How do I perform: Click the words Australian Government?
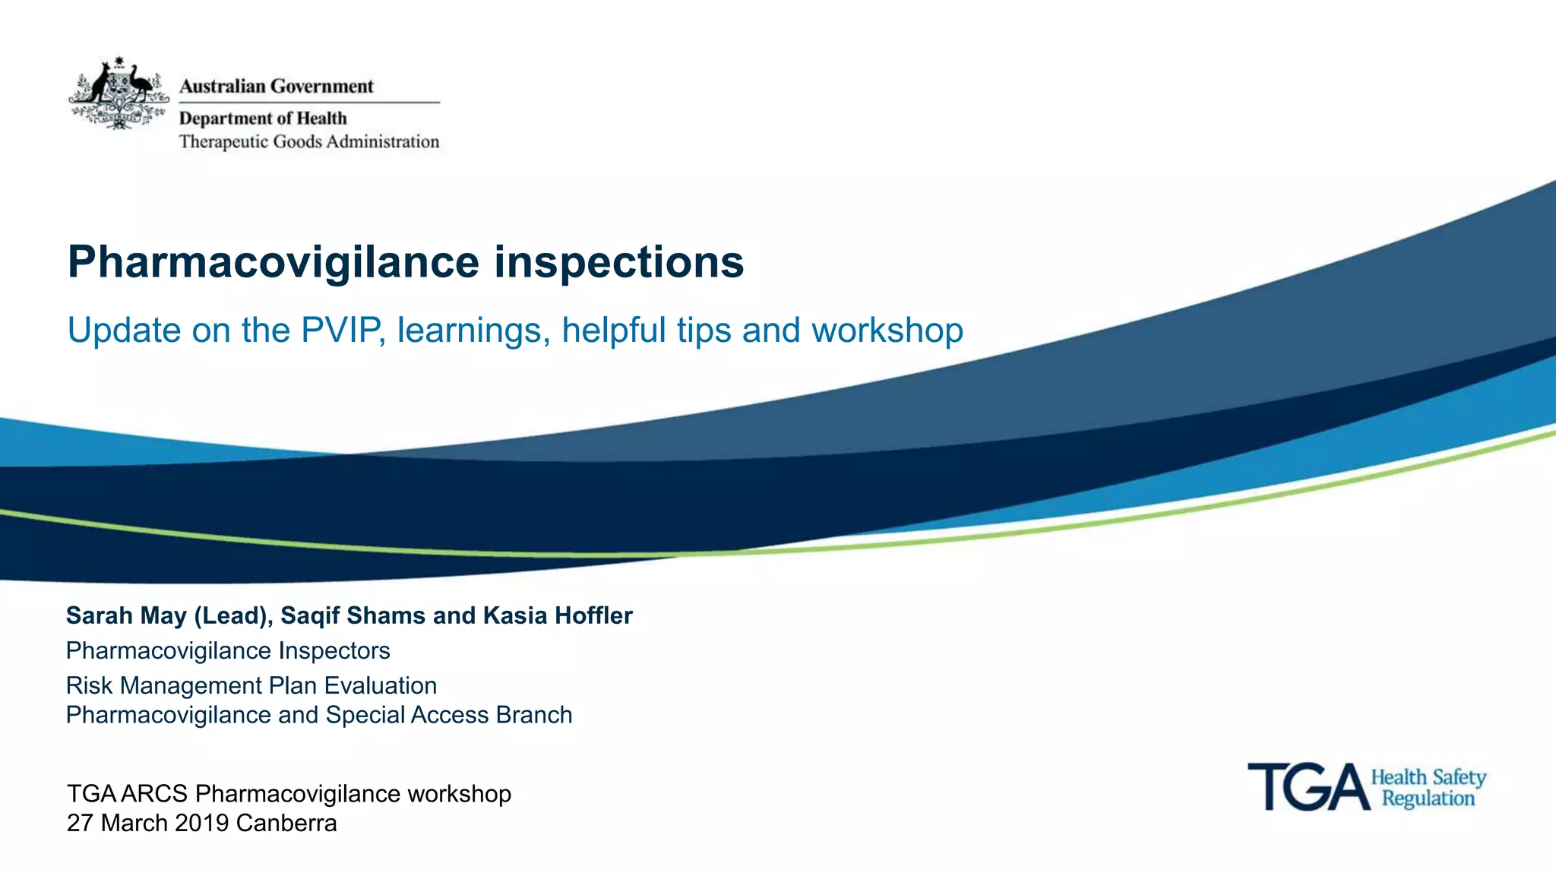(276, 87)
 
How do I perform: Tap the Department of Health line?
(263, 119)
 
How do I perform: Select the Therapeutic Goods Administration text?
(308, 142)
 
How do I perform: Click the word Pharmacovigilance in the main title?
(274, 262)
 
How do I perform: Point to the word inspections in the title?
(619, 262)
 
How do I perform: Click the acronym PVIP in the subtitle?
(341, 330)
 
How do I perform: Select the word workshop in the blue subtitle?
(887, 330)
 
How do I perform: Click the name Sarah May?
(126, 615)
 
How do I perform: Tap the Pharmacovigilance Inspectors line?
(228, 651)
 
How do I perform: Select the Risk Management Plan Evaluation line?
(251, 686)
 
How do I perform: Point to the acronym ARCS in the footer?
(154, 794)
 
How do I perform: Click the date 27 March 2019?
(147, 824)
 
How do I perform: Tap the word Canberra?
(286, 824)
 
